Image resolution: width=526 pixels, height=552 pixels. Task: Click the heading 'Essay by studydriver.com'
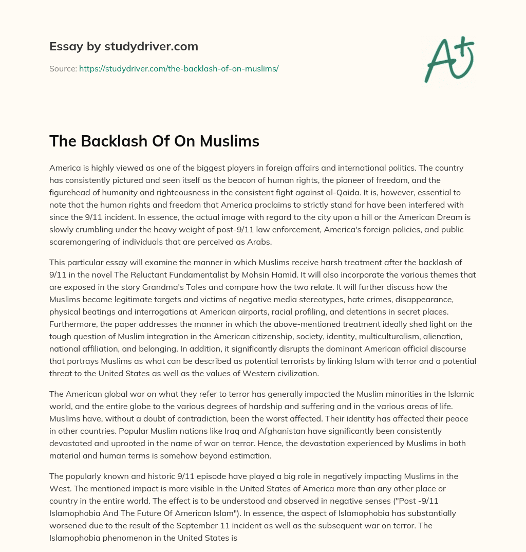tap(123, 47)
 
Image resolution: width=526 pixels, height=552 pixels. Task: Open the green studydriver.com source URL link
tap(179, 68)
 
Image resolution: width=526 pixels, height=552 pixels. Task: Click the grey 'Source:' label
tap(63, 68)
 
